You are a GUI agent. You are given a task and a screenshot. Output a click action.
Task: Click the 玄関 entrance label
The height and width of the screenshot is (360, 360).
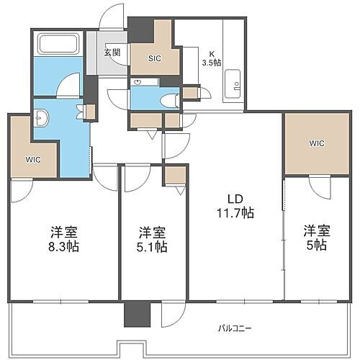pyautogui.click(x=112, y=52)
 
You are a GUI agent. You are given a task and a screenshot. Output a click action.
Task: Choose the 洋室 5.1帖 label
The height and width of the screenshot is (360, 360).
pyautogui.click(x=153, y=239)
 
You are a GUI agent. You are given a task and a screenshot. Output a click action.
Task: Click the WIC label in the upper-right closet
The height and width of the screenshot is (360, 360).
pyautogui.click(x=317, y=143)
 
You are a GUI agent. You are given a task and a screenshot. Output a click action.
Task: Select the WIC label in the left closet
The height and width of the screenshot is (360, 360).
pyautogui.click(x=33, y=159)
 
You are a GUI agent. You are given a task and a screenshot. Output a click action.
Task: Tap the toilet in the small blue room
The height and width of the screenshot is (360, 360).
pyautogui.click(x=171, y=100)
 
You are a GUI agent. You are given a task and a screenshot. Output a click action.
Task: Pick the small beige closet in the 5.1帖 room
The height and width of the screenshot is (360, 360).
pyautogui.click(x=175, y=175)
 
